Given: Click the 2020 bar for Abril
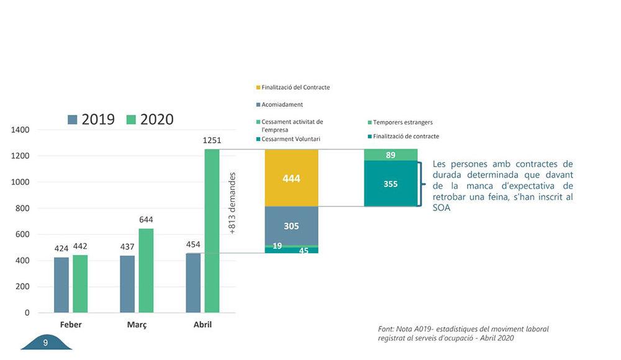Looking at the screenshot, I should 212,231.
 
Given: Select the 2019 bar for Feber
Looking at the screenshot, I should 61,285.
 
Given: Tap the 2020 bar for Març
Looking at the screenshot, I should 146,271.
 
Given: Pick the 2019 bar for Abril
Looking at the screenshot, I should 193,283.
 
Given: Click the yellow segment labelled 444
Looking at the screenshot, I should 291,178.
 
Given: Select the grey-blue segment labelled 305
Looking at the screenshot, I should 291,226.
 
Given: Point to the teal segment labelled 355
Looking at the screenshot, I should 391,184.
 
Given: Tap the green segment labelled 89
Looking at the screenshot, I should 391,155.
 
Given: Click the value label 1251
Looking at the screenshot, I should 212,141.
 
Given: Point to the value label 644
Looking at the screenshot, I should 146,220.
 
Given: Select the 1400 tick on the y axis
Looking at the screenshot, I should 20,130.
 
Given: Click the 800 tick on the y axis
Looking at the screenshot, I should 22,209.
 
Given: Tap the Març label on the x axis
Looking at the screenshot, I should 137,325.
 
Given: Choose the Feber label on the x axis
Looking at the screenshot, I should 71,325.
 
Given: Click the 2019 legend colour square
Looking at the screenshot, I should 73,119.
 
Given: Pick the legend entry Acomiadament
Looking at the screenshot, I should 282,105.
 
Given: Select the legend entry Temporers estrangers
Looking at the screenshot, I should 402,122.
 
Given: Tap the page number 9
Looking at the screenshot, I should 45,343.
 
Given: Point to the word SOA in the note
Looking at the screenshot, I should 440,208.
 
